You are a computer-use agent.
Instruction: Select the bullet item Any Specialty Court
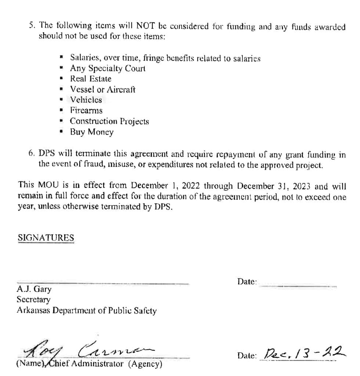point(107,68)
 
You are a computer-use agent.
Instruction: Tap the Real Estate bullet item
point(90,79)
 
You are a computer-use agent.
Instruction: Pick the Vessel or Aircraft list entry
point(102,89)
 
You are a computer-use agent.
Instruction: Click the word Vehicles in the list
point(86,100)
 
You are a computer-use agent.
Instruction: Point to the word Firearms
point(86,111)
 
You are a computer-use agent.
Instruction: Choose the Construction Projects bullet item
point(109,121)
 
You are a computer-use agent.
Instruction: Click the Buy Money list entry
point(92,132)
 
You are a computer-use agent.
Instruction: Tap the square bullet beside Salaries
point(62,58)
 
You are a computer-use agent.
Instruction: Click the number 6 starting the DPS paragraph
point(30,154)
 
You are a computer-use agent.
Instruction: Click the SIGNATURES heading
point(46,238)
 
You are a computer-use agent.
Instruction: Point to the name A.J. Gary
point(34,289)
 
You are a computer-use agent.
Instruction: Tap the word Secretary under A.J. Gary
point(33,300)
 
